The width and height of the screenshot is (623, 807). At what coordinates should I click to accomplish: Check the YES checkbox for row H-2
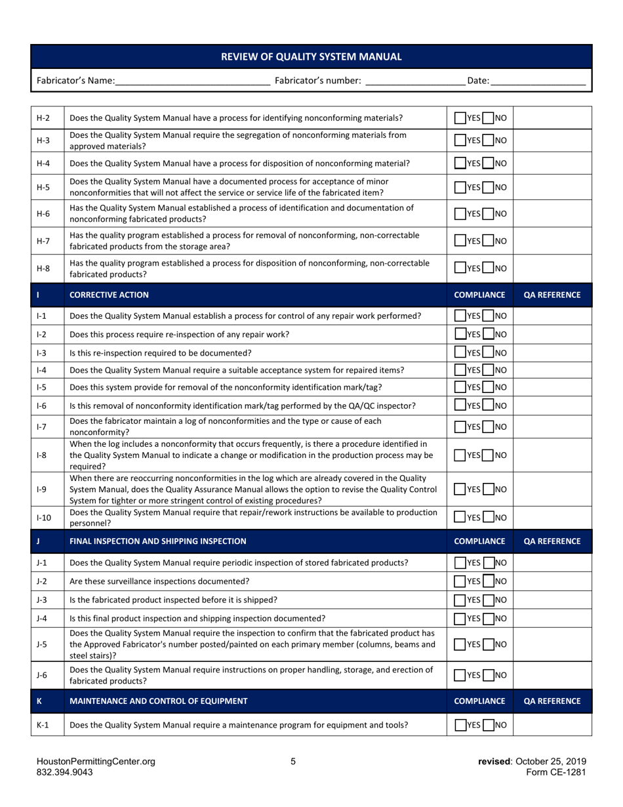(460, 118)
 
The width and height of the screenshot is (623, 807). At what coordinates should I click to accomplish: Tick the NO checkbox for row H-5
(489, 187)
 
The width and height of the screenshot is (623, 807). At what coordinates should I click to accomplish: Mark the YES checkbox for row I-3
(460, 353)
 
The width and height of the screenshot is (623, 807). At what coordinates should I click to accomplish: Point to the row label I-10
(43, 518)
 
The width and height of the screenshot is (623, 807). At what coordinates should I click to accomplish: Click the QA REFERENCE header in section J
(552, 541)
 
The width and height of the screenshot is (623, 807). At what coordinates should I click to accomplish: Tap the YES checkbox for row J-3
(460, 600)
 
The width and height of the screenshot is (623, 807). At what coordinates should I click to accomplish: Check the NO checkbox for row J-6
(489, 674)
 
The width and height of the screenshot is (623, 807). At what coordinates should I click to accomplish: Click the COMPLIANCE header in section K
(479, 701)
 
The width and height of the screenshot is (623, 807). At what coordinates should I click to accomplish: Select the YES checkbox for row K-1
(460, 725)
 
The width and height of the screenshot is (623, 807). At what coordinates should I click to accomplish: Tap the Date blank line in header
(537, 81)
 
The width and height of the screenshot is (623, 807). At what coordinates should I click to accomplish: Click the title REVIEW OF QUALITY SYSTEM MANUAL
(311, 57)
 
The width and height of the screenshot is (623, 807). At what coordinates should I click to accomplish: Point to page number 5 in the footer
(293, 762)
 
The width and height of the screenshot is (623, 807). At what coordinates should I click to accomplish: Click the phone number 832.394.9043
(64, 772)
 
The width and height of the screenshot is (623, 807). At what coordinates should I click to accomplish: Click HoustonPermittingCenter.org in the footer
(96, 762)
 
